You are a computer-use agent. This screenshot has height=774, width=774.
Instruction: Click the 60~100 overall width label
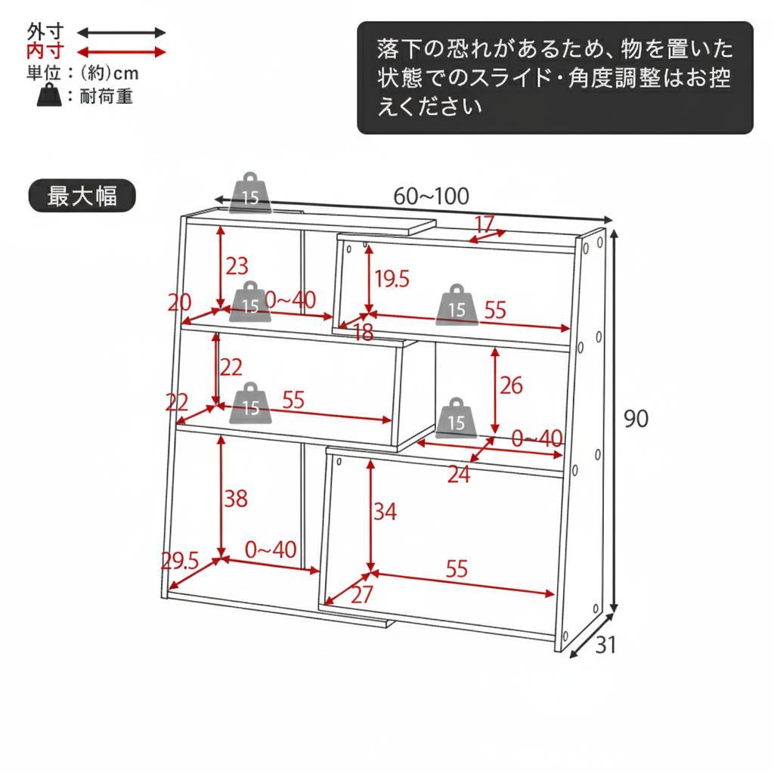click(x=431, y=197)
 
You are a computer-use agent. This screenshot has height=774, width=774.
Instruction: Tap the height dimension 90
click(x=636, y=418)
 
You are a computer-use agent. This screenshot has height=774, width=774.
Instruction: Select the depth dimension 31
click(x=606, y=645)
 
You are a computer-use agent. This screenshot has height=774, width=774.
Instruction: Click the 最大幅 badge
click(x=82, y=196)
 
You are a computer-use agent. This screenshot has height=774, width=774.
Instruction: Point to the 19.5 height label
click(x=392, y=279)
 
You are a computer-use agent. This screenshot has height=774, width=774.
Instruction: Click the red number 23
click(x=237, y=266)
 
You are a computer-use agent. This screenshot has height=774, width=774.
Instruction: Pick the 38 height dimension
click(x=236, y=498)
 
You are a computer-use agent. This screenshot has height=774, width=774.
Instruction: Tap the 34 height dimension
click(x=385, y=512)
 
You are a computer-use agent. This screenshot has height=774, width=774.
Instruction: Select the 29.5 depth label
click(x=180, y=561)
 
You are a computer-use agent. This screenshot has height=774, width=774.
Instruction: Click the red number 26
click(x=511, y=385)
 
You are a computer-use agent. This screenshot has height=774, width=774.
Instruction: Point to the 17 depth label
click(x=484, y=224)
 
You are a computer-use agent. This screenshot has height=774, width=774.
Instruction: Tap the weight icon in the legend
click(x=48, y=96)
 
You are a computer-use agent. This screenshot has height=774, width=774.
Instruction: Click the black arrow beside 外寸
click(x=121, y=33)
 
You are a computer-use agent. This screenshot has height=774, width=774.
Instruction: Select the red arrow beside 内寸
click(x=121, y=52)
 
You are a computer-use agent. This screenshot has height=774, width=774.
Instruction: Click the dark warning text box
click(x=555, y=78)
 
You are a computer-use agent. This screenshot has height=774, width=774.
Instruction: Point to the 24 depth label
click(x=459, y=475)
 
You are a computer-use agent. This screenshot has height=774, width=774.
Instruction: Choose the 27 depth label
click(x=363, y=595)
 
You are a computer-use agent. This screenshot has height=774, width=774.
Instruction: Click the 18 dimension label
click(x=364, y=332)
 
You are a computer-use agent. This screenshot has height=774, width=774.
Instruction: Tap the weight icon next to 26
click(x=457, y=418)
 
